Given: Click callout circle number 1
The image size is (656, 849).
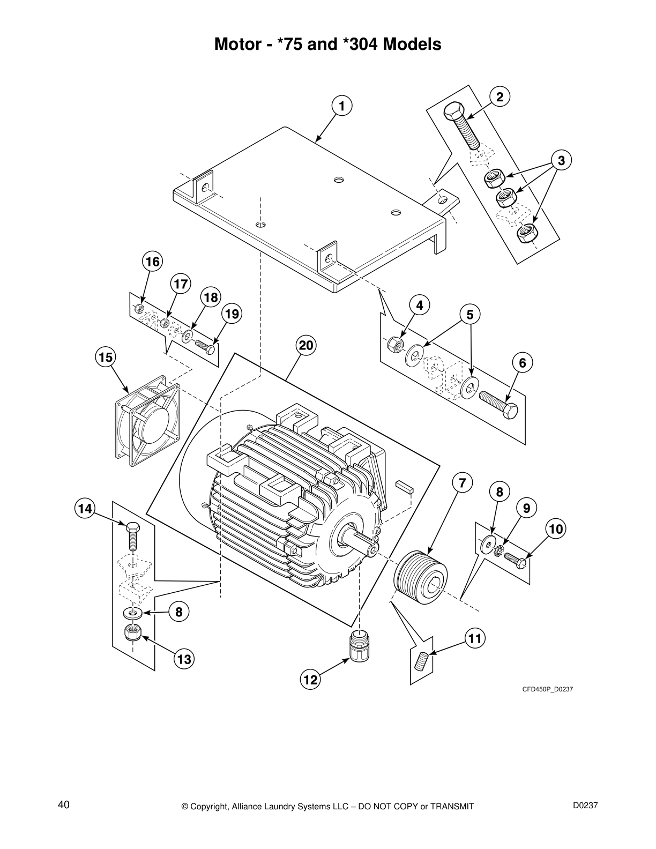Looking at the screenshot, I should point(341,106).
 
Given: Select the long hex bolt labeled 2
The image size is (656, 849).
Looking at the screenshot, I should point(464,126).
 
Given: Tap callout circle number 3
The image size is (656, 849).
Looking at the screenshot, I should point(561,160).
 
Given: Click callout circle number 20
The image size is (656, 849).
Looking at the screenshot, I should point(305,346).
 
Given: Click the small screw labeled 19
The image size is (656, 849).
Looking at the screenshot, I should point(205,346).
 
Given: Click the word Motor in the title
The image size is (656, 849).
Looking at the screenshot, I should point(237,44).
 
